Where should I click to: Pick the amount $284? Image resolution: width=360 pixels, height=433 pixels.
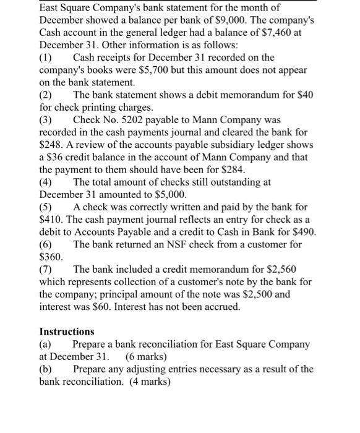point(229,169)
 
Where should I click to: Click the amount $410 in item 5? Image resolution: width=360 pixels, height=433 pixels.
point(52,218)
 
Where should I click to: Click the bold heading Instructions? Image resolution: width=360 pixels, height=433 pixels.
point(67,332)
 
